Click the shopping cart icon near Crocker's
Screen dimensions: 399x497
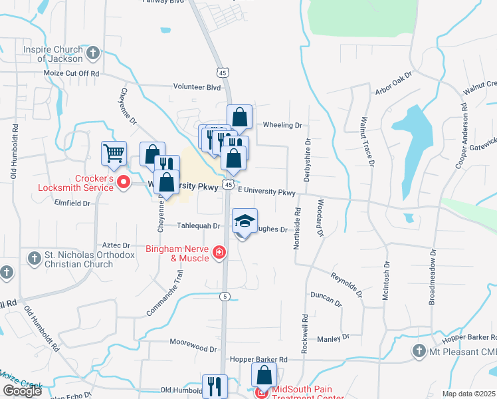click(114, 153)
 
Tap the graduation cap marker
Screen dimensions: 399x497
click(245, 221)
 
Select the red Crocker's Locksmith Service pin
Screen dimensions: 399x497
click(123, 182)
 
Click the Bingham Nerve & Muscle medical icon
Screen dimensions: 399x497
click(219, 253)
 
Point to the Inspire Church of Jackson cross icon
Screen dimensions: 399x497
click(93, 52)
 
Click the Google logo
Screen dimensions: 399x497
click(22, 391)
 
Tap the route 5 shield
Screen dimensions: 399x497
click(226, 296)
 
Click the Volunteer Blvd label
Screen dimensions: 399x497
click(197, 86)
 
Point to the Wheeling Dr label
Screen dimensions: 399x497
click(282, 124)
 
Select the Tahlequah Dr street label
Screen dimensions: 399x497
click(198, 226)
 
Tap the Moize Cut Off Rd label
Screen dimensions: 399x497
click(71, 73)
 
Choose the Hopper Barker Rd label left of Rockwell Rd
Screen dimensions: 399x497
click(258, 359)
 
